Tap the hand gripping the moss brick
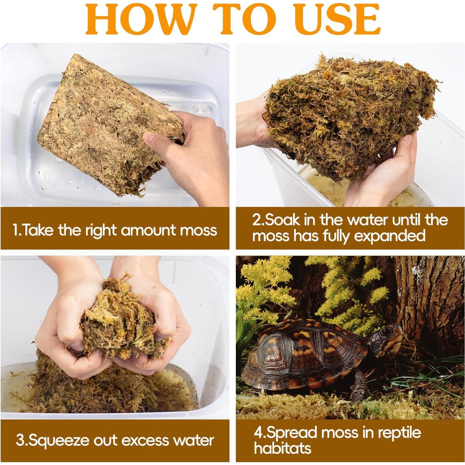point(191,150)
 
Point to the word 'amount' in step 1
point(148,230)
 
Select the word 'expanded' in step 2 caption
point(389,236)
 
